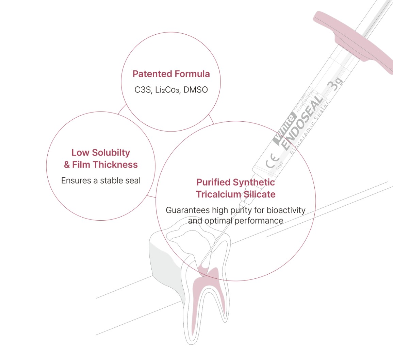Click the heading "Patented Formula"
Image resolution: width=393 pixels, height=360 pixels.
pyautogui.click(x=171, y=74)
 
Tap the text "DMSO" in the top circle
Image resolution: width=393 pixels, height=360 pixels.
pyautogui.click(x=195, y=90)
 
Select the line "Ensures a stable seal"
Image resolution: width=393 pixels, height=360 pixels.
pyautogui.click(x=101, y=181)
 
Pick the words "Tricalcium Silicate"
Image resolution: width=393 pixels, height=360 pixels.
pyautogui.click(x=235, y=194)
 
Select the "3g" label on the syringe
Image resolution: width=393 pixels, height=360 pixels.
pyautogui.click(x=334, y=84)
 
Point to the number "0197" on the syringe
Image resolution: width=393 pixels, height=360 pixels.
pyautogui.click(x=280, y=166)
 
